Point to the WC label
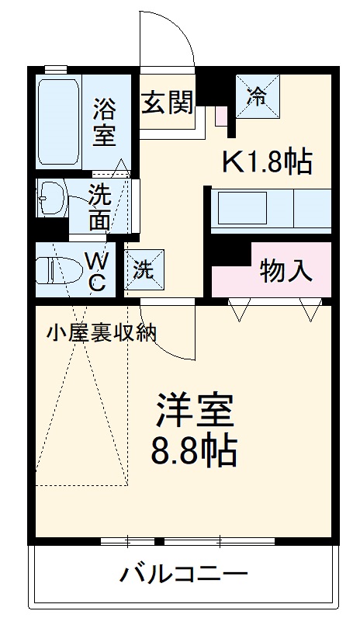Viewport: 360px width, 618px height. click(x=96, y=269)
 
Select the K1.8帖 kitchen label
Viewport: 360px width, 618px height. click(x=268, y=161)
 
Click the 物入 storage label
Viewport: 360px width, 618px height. click(x=286, y=271)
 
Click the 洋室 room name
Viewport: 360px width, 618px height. click(x=195, y=409)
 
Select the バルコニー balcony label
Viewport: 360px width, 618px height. click(x=183, y=575)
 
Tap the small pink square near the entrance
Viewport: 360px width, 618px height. click(x=220, y=117)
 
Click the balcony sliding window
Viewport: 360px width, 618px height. click(x=186, y=539)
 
